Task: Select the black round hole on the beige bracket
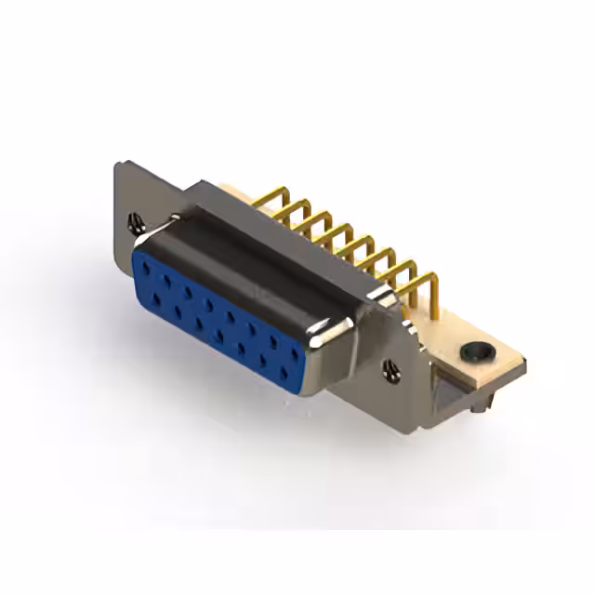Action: [x=475, y=352]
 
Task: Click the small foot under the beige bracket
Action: [x=481, y=407]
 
